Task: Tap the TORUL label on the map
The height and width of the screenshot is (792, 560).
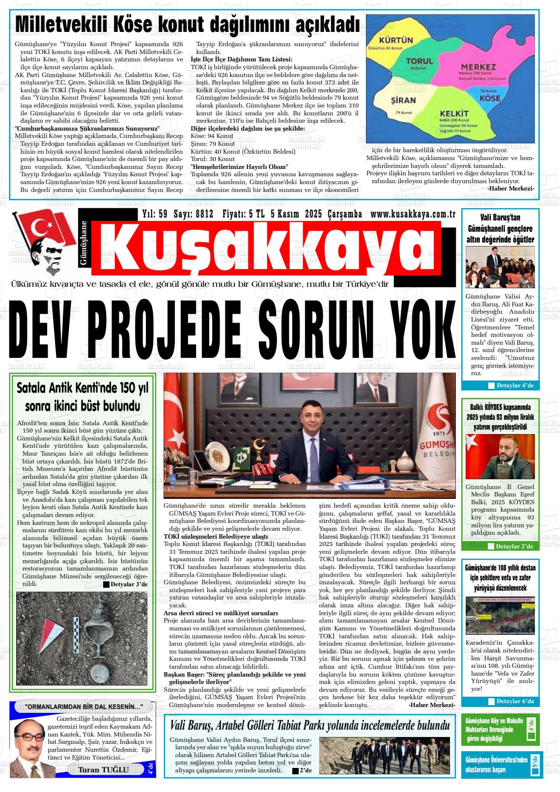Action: click(420, 61)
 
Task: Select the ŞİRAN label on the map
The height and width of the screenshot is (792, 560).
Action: click(403, 100)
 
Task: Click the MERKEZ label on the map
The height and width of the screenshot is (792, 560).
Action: click(478, 66)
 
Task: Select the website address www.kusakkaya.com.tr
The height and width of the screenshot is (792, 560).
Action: click(413, 214)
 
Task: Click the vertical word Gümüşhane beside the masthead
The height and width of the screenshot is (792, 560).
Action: click(83, 244)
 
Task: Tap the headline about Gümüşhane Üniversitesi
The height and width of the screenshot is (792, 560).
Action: click(498, 765)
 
